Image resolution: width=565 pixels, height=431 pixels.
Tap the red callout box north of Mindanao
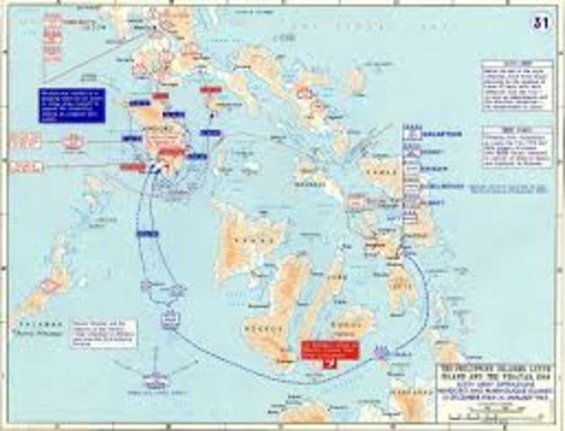coord(322,352)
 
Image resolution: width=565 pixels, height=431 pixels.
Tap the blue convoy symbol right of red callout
coord(384,352)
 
